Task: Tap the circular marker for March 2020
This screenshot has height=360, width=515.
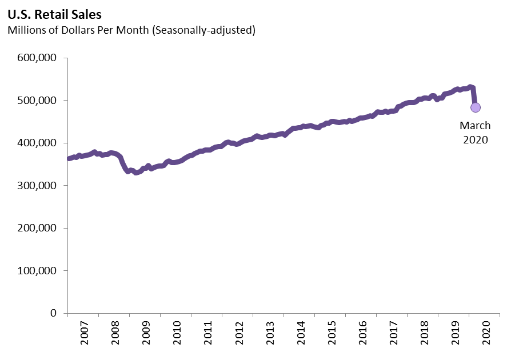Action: pos(475,107)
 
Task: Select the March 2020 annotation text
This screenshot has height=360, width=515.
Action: pos(475,132)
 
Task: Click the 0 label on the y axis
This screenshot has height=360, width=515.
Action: pos(52,313)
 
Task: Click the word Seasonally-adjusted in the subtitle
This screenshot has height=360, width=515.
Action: pos(203,30)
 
